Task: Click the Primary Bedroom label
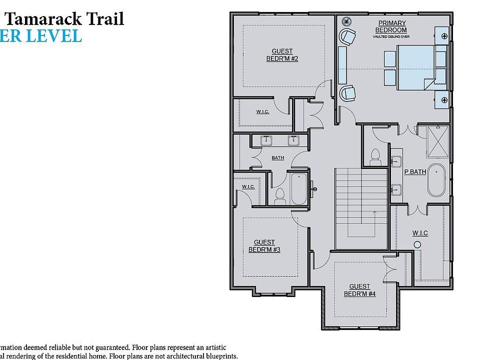click(392, 26)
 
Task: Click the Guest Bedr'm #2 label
click(282, 55)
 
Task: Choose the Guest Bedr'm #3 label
click(264, 245)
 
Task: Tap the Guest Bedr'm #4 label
click(359, 290)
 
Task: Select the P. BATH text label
click(414, 172)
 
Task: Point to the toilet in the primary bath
click(374, 158)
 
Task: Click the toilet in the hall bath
click(280, 196)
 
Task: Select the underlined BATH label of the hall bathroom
click(277, 158)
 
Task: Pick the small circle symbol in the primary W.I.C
click(417, 244)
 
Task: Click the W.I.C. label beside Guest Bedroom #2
click(262, 111)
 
